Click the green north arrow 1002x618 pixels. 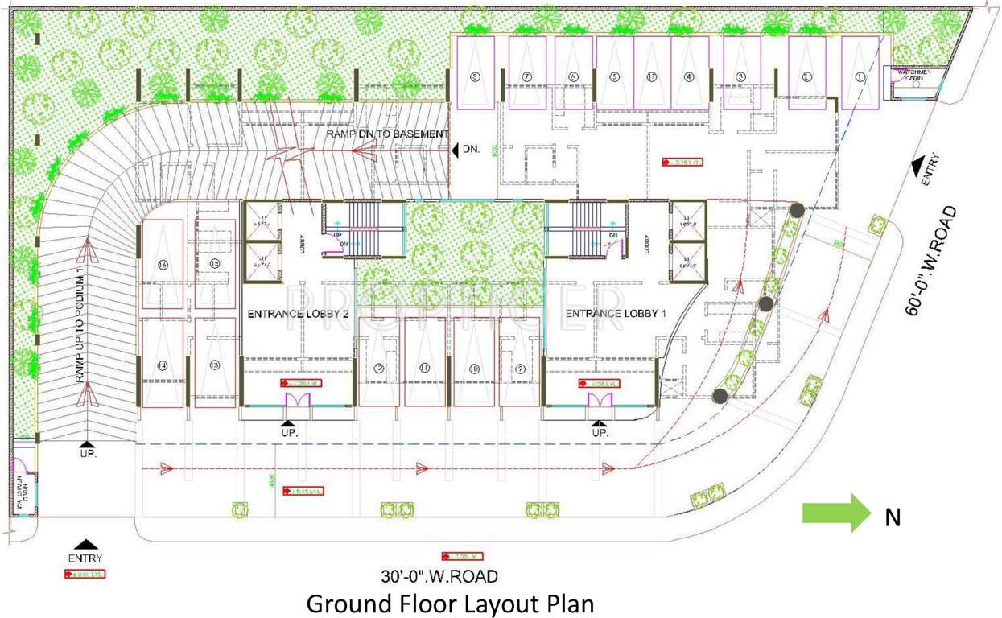pyautogui.click(x=836, y=513)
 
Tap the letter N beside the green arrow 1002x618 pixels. pyautogui.click(x=892, y=518)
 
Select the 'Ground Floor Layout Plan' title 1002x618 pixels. pyautogui.click(x=451, y=603)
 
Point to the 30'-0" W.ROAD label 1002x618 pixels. pyautogui.click(x=439, y=575)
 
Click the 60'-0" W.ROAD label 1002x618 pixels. pyautogui.click(x=932, y=261)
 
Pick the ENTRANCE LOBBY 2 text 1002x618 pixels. pyautogui.click(x=298, y=314)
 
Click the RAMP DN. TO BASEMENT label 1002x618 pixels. pyautogui.click(x=386, y=134)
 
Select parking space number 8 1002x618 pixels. pyautogui.click(x=475, y=78)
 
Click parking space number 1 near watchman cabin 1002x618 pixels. pyautogui.click(x=860, y=78)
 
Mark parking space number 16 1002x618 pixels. pyautogui.click(x=163, y=265)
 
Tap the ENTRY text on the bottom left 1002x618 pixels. pyautogui.click(x=85, y=558)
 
